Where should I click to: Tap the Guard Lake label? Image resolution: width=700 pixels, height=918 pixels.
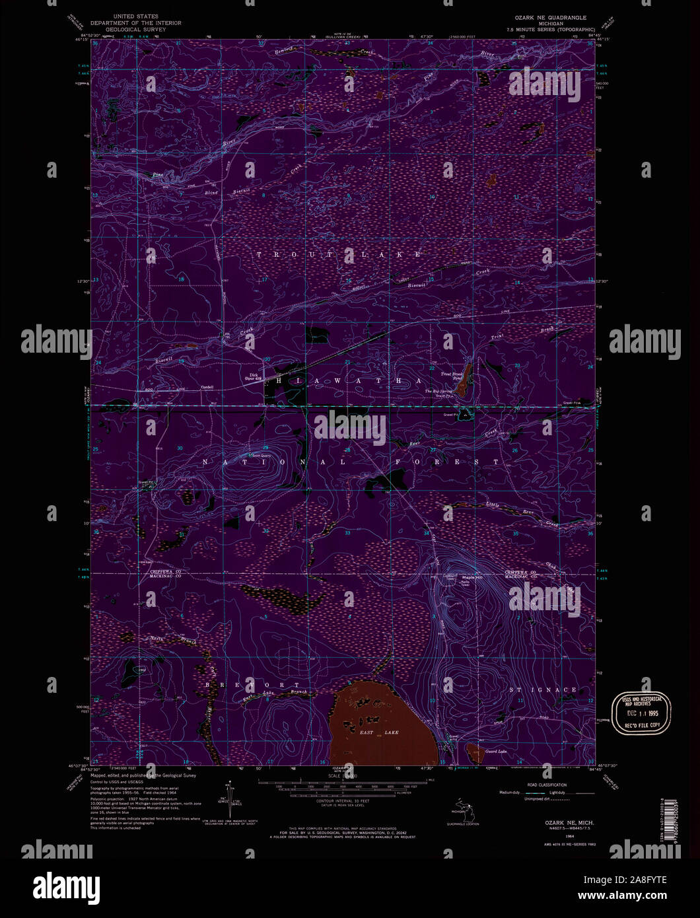[495, 751]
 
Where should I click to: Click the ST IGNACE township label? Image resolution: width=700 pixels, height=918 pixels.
[543, 689]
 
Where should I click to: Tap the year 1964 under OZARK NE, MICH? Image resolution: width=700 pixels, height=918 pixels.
[560, 836]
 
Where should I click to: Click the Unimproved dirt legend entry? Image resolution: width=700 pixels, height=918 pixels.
[520, 798]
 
